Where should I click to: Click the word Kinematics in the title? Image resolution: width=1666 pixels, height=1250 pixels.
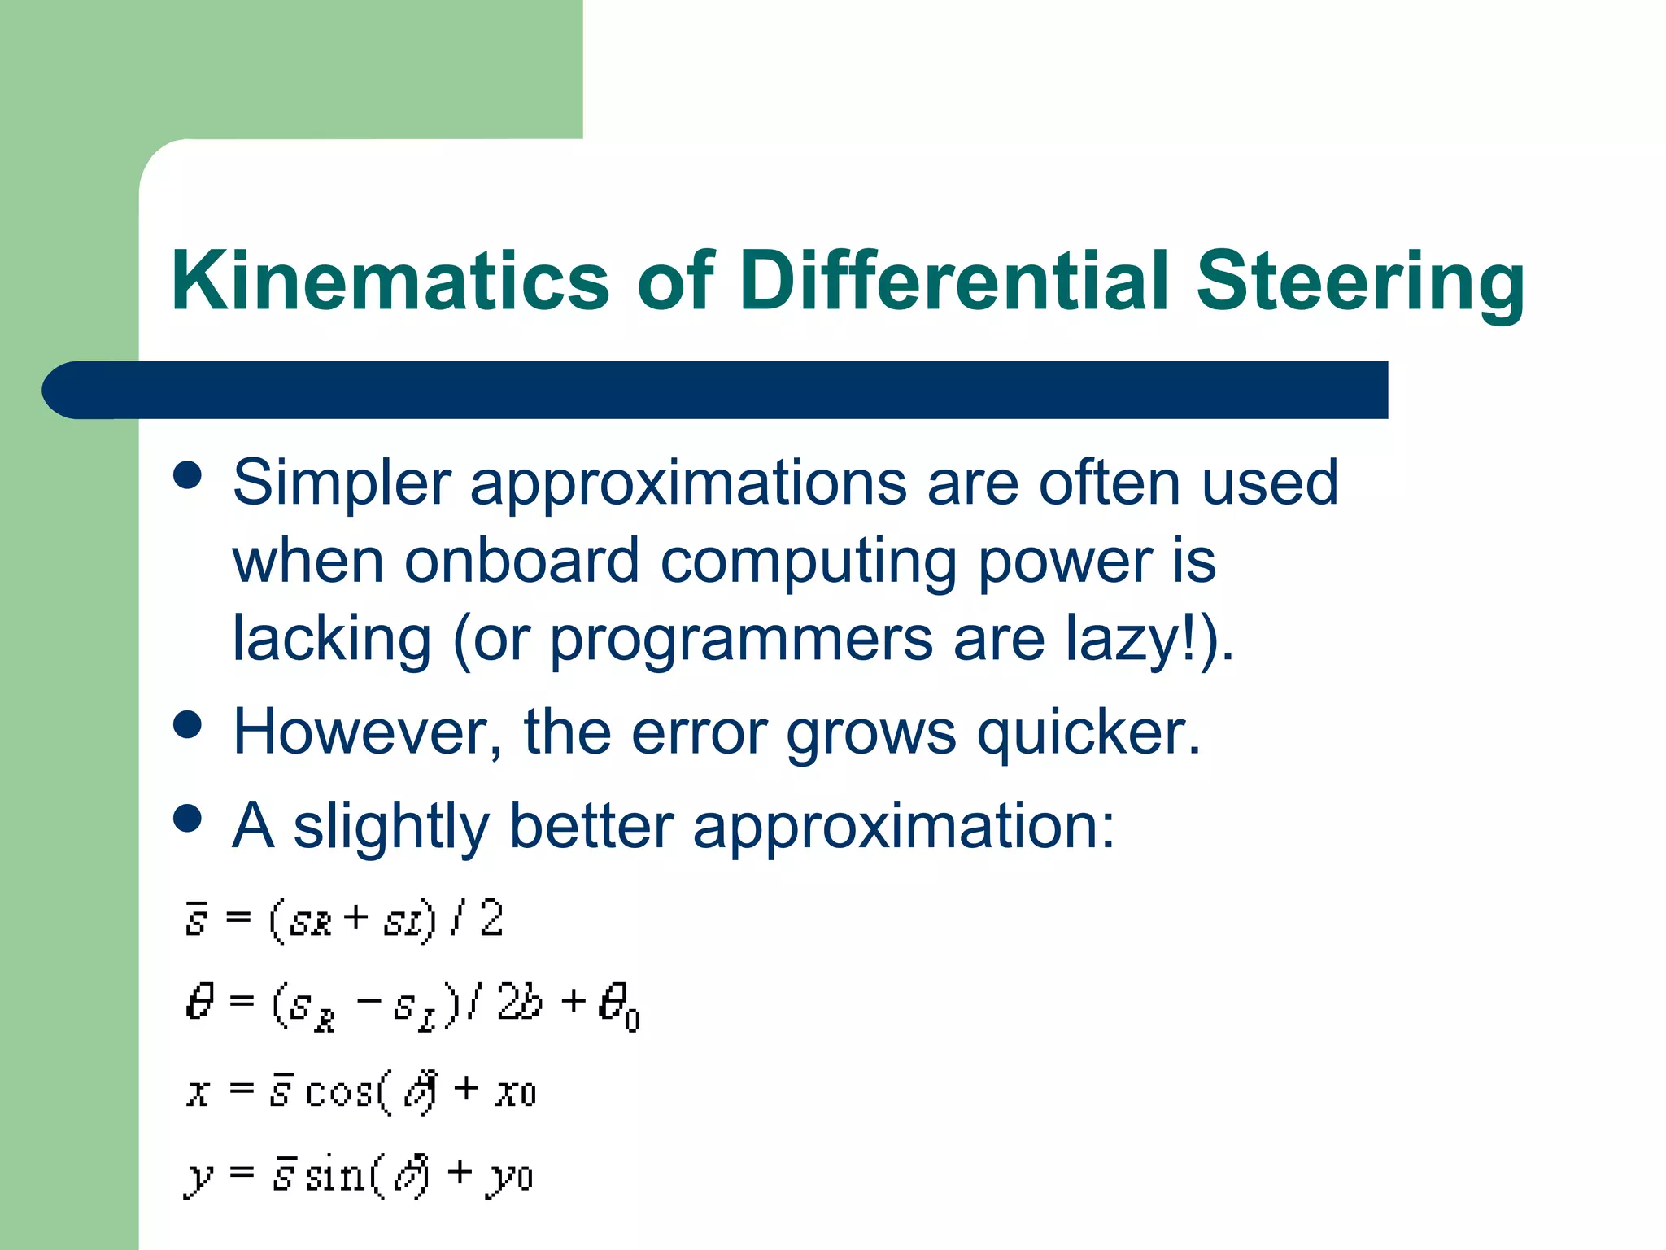click(x=390, y=281)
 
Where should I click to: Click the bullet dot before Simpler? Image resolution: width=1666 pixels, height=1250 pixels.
click(x=188, y=475)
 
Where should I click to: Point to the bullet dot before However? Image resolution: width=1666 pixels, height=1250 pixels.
click(x=188, y=725)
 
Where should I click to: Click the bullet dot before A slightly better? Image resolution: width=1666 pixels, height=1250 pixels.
click(x=188, y=819)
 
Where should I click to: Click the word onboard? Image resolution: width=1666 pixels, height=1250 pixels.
click(x=521, y=562)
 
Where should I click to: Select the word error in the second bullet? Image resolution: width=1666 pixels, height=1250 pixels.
click(x=699, y=732)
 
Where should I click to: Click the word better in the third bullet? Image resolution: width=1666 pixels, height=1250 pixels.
click(x=591, y=826)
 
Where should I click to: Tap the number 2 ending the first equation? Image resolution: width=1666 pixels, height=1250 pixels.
click(x=491, y=920)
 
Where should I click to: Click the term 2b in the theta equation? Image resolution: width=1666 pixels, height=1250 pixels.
click(x=519, y=1002)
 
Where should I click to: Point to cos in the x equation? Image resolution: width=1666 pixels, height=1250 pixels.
click(x=339, y=1091)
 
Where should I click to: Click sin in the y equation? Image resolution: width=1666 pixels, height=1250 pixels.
click(x=334, y=1175)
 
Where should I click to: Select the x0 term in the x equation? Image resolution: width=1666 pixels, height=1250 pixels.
click(x=516, y=1092)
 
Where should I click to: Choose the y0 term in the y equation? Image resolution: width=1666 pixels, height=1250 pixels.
click(x=510, y=1178)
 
